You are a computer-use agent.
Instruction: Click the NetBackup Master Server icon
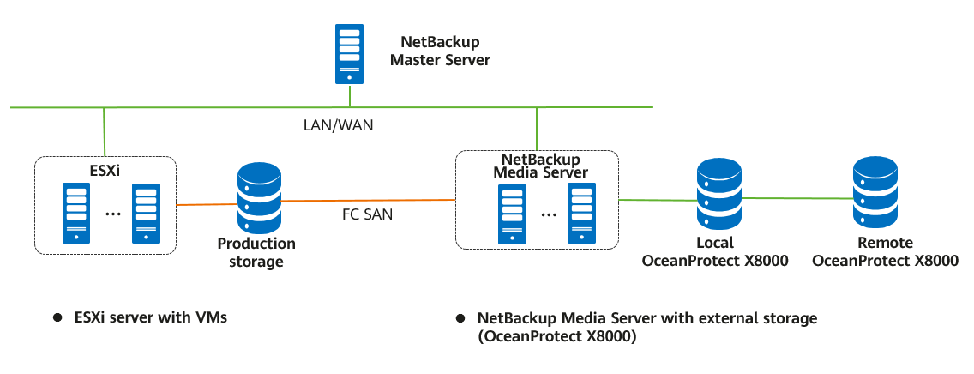click(x=348, y=54)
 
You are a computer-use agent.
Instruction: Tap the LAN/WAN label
click(x=339, y=125)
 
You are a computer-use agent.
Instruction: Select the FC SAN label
click(x=367, y=214)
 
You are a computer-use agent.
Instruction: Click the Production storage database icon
click(x=258, y=198)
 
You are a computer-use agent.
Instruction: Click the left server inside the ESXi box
click(x=77, y=212)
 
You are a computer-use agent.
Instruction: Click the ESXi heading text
click(x=105, y=171)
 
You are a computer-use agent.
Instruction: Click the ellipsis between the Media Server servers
click(x=546, y=214)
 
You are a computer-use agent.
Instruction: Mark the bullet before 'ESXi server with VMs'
click(x=57, y=318)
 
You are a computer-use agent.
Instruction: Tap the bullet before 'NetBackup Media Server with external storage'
click(x=461, y=318)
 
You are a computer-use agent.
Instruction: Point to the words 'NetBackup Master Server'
click(x=440, y=51)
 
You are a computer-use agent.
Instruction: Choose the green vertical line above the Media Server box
click(x=536, y=129)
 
